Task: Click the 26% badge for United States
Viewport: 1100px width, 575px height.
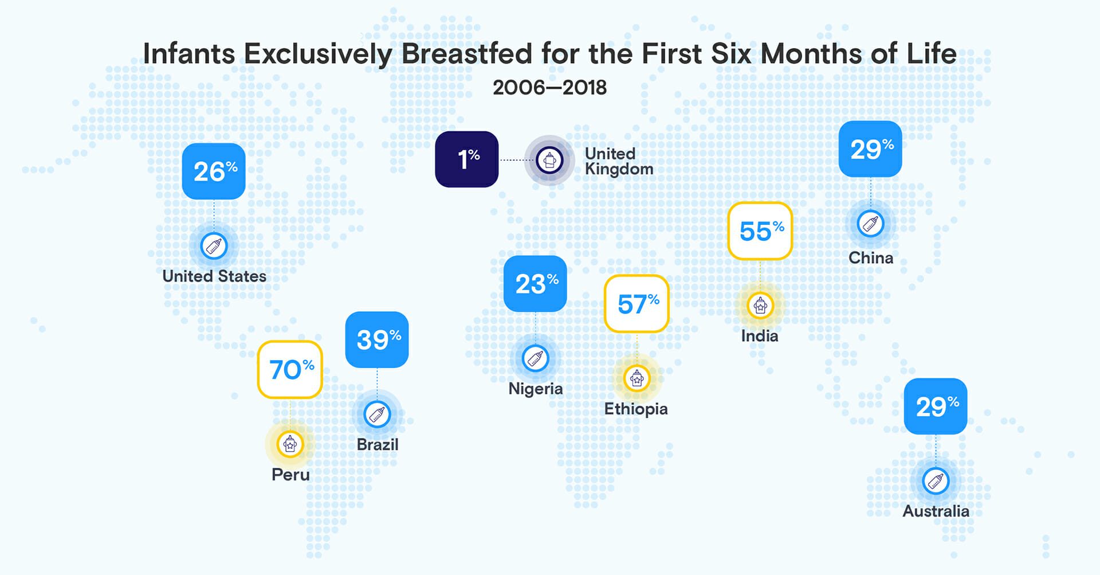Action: coord(214,171)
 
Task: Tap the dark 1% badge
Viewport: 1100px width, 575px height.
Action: coord(466,159)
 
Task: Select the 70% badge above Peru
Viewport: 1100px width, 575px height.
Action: coord(290,369)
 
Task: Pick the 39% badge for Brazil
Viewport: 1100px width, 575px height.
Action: coord(377,339)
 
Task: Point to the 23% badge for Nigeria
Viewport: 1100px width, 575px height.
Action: coord(535,284)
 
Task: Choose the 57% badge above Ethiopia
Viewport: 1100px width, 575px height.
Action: coord(637,303)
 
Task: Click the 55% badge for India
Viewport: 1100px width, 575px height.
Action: coord(760,230)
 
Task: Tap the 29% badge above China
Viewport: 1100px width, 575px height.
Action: coord(870,149)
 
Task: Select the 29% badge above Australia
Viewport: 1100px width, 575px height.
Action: coord(936,406)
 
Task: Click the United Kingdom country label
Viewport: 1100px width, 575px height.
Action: coord(619,161)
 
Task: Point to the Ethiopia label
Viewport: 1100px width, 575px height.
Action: coord(636,409)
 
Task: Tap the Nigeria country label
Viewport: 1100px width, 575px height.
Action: coord(536,389)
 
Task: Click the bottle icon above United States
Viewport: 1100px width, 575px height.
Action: coord(214,246)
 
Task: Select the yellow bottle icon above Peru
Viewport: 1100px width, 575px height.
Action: coord(290,443)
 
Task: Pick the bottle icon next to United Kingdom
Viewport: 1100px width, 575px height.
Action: coord(549,160)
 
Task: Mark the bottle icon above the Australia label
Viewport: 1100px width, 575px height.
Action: coord(936,481)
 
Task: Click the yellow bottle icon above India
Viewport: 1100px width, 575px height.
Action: coord(760,306)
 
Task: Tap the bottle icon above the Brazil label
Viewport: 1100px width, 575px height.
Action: coord(377,414)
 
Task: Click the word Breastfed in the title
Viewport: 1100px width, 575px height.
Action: coord(467,54)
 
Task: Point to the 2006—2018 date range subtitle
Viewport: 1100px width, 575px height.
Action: coord(549,88)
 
